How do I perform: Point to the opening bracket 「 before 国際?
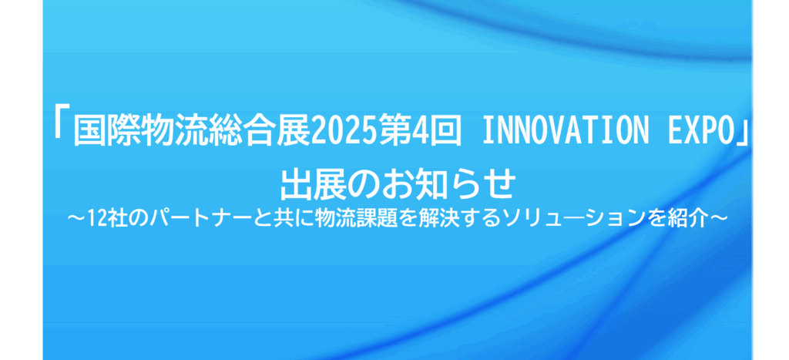point(62,129)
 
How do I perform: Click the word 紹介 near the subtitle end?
point(693,219)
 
